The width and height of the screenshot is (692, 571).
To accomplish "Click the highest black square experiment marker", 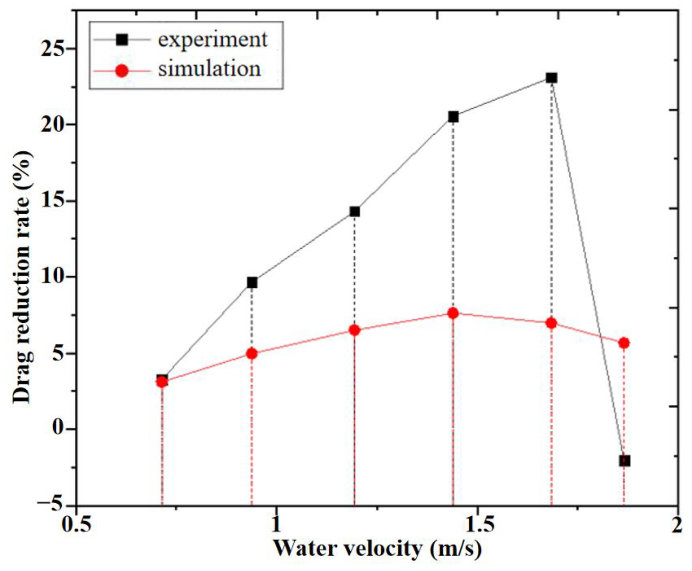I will [551, 78].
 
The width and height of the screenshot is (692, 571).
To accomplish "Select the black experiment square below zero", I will [625, 461].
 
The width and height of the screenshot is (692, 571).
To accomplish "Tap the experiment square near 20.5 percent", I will [453, 117].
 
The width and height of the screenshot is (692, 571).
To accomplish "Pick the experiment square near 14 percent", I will [355, 211].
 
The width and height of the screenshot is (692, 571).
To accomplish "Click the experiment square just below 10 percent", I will [252, 282].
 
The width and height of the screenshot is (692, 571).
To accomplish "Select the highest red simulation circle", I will [453, 313].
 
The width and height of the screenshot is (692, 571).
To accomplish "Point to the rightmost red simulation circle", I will [624, 343].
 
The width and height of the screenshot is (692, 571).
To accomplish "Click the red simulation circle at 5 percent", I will [252, 354].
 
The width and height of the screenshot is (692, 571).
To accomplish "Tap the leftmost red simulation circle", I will [162, 382].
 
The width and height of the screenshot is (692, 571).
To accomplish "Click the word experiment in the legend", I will [213, 40].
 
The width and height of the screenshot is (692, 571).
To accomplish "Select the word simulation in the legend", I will [209, 69].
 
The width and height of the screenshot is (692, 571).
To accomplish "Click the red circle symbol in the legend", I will [122, 71].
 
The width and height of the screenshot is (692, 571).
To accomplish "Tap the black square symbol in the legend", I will [122, 40].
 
